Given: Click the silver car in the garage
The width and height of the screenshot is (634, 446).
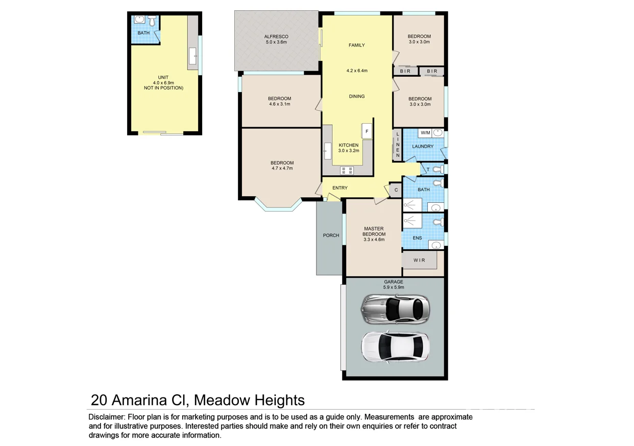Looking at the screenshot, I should click(x=395, y=309).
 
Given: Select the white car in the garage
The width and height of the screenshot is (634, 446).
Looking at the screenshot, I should click(x=395, y=347).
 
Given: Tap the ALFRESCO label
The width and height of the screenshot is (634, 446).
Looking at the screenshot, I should click(x=277, y=37).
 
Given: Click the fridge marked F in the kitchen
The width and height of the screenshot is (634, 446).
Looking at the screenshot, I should click(x=367, y=131).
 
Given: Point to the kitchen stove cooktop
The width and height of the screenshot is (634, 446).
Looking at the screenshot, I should click(x=347, y=171).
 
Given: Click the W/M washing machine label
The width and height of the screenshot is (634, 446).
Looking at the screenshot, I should click(x=425, y=133).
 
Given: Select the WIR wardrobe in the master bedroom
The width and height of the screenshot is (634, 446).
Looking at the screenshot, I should click(x=419, y=261).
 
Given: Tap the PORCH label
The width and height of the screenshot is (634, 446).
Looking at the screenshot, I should click(x=331, y=236).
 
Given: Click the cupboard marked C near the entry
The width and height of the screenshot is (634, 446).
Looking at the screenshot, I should click(x=396, y=190).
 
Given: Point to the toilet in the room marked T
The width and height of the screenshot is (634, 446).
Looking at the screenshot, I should click(x=436, y=169).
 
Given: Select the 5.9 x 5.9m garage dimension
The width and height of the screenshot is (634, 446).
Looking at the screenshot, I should click(x=394, y=288).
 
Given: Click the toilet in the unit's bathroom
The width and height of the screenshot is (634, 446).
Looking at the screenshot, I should click(x=152, y=21).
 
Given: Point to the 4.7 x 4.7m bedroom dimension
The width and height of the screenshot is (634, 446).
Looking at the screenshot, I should click(x=282, y=168).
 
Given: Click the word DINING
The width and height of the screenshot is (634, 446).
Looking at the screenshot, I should click(x=357, y=96).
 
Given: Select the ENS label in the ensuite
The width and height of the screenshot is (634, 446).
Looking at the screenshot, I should click(x=417, y=238).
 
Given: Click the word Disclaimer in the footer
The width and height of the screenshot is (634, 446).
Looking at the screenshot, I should click(x=106, y=417).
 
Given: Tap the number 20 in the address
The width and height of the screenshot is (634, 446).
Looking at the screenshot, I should click(x=100, y=400).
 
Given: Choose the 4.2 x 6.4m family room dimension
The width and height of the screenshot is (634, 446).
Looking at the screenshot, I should click(x=357, y=71).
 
